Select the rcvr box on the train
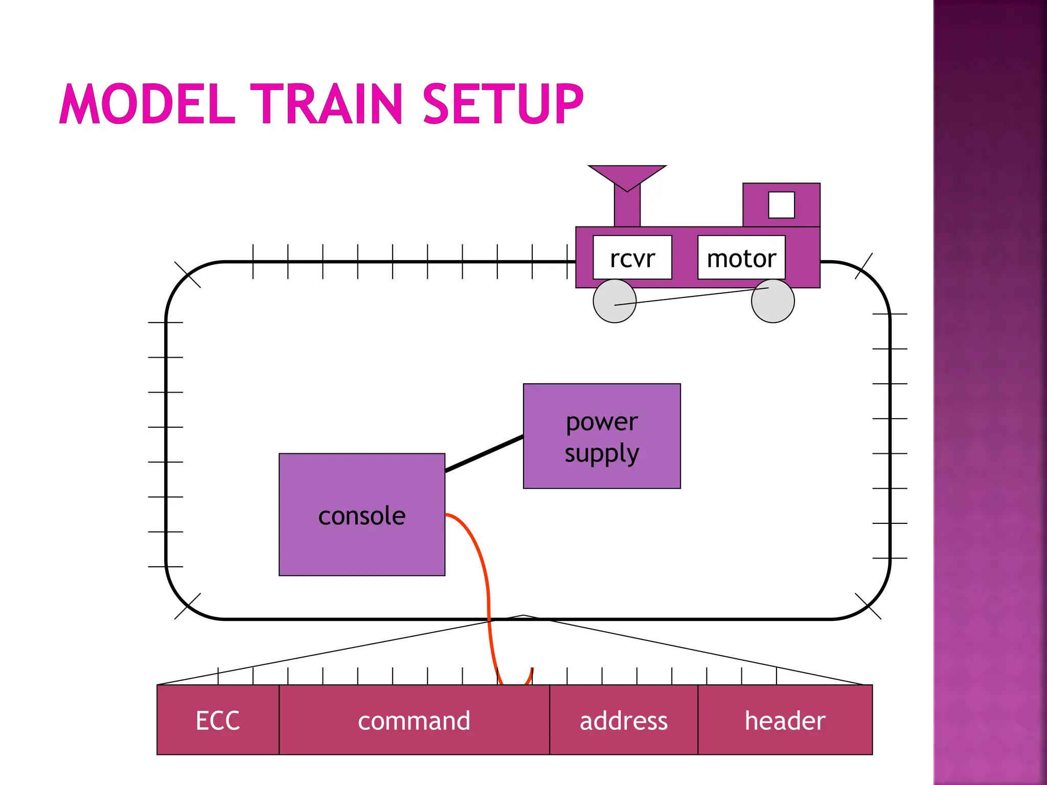click(632, 258)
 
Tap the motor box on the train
click(741, 258)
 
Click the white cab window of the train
click(781, 205)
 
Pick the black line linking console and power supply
click(484, 454)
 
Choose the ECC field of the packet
click(218, 720)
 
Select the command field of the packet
click(414, 720)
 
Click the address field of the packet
click(623, 720)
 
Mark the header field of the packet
click(785, 720)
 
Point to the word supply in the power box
click(602, 453)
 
